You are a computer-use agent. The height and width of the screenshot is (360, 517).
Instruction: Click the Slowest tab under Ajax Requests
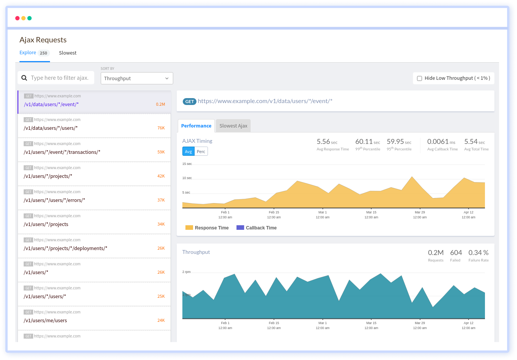pyautogui.click(x=68, y=53)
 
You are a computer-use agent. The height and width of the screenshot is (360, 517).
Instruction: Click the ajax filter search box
pyautogui.click(x=60, y=78)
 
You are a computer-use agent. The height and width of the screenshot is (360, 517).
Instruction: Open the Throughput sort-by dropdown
pyautogui.click(x=137, y=78)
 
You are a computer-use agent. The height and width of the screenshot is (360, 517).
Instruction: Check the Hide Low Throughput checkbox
pyautogui.click(x=419, y=78)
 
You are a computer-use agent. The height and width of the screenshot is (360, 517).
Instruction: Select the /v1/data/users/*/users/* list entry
pyautogui.click(x=51, y=128)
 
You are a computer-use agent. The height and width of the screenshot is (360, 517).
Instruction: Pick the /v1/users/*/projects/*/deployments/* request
pyautogui.click(x=65, y=249)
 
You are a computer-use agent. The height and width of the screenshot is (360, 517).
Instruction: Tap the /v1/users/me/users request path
pyautogui.click(x=45, y=321)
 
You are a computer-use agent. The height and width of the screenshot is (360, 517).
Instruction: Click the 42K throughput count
pyautogui.click(x=161, y=176)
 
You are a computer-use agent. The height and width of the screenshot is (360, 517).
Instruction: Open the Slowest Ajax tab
pyautogui.click(x=233, y=126)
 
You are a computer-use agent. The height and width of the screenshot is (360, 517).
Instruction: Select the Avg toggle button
pyautogui.click(x=188, y=152)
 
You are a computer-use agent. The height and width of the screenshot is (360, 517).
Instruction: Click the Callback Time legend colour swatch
pyautogui.click(x=240, y=228)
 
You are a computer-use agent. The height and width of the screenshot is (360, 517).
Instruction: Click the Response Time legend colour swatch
pyautogui.click(x=189, y=228)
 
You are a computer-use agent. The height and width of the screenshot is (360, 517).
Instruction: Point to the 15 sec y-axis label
pyautogui.click(x=187, y=164)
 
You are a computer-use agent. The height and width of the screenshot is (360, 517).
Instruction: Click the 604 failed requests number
pyautogui.click(x=456, y=253)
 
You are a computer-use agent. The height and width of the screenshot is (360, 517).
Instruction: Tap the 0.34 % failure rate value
pyautogui.click(x=478, y=253)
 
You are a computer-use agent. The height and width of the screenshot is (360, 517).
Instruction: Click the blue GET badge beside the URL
pyautogui.click(x=190, y=102)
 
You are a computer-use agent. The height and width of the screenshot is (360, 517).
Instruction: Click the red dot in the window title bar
pyautogui.click(x=17, y=18)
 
